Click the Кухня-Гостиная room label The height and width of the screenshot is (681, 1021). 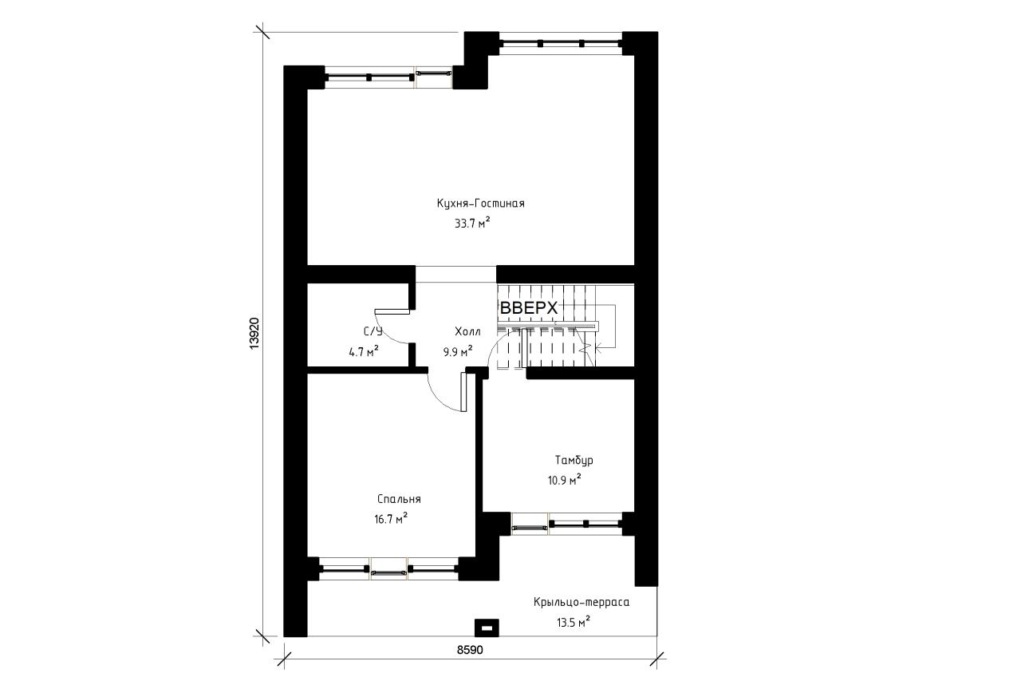480,204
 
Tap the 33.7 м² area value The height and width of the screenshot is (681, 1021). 472,223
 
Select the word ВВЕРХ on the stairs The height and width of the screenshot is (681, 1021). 529,308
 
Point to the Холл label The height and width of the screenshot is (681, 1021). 467,331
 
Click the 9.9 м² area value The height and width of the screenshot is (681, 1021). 458,350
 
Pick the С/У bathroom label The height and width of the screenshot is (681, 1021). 373,331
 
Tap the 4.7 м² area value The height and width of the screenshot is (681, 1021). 364,350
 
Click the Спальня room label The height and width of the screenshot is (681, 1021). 399,500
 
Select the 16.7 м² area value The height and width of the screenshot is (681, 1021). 391,519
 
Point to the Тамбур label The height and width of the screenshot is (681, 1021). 574,460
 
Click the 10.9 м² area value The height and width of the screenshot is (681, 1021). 564,479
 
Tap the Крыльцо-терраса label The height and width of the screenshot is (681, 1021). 581,602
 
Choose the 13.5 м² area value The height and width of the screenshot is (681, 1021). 574,622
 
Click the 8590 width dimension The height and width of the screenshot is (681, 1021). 470,650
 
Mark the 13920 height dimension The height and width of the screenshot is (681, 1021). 254,334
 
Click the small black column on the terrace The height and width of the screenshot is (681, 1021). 487,628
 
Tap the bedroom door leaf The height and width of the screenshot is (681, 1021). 464,392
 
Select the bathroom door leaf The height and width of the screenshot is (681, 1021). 392,311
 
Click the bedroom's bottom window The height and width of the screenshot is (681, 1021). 388,568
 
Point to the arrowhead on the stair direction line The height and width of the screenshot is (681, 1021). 598,350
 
